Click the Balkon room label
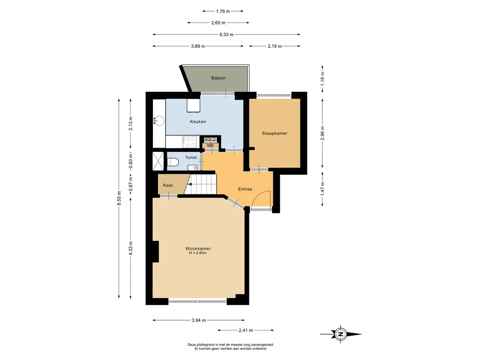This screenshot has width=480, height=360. coord(218,78)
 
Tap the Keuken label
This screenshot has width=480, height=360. coord(198,121)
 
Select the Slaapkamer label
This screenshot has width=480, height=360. coord(275,133)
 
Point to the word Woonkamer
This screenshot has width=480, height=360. coord(198,248)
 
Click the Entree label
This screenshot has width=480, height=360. coord(245,189)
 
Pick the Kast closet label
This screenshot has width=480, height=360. coord(168,185)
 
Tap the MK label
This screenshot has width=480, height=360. coord(210,145)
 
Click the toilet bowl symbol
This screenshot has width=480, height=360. coord(172,162)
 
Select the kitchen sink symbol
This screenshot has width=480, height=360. coord(158,120)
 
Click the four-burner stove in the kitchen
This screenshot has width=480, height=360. coord(190,142)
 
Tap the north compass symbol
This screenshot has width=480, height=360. coord(340,334)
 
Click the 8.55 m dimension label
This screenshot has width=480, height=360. coord(119,198)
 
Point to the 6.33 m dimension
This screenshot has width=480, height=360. coord(226,35)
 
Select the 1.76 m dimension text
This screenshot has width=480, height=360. coord(223,11)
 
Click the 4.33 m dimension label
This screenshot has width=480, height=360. coord(131,248)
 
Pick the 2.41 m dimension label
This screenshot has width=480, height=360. coord(246,330)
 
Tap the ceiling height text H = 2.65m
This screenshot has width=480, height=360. coord(198,253)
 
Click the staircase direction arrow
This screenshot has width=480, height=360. coord(190,184)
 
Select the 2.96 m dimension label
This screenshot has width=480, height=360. coord(322,133)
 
